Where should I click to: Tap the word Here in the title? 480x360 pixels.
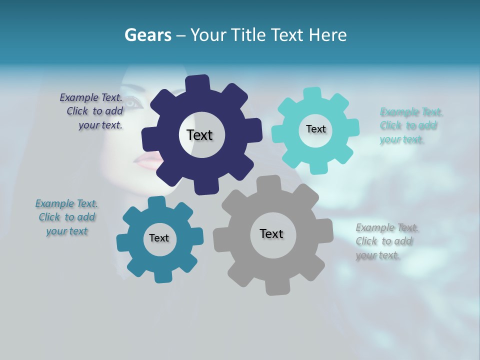click(x=328, y=35)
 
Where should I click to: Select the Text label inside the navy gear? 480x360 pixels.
click(x=199, y=135)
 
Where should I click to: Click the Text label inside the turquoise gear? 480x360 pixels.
click(x=315, y=129)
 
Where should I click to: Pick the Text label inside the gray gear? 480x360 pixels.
click(x=271, y=234)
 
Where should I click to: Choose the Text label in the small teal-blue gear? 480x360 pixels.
click(x=159, y=238)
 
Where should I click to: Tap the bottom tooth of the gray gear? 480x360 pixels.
click(x=274, y=287)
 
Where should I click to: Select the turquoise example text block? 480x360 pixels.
click(x=410, y=125)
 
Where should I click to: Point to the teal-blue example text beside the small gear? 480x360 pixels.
click(x=67, y=217)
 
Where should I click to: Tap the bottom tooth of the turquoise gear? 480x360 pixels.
click(x=318, y=167)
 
